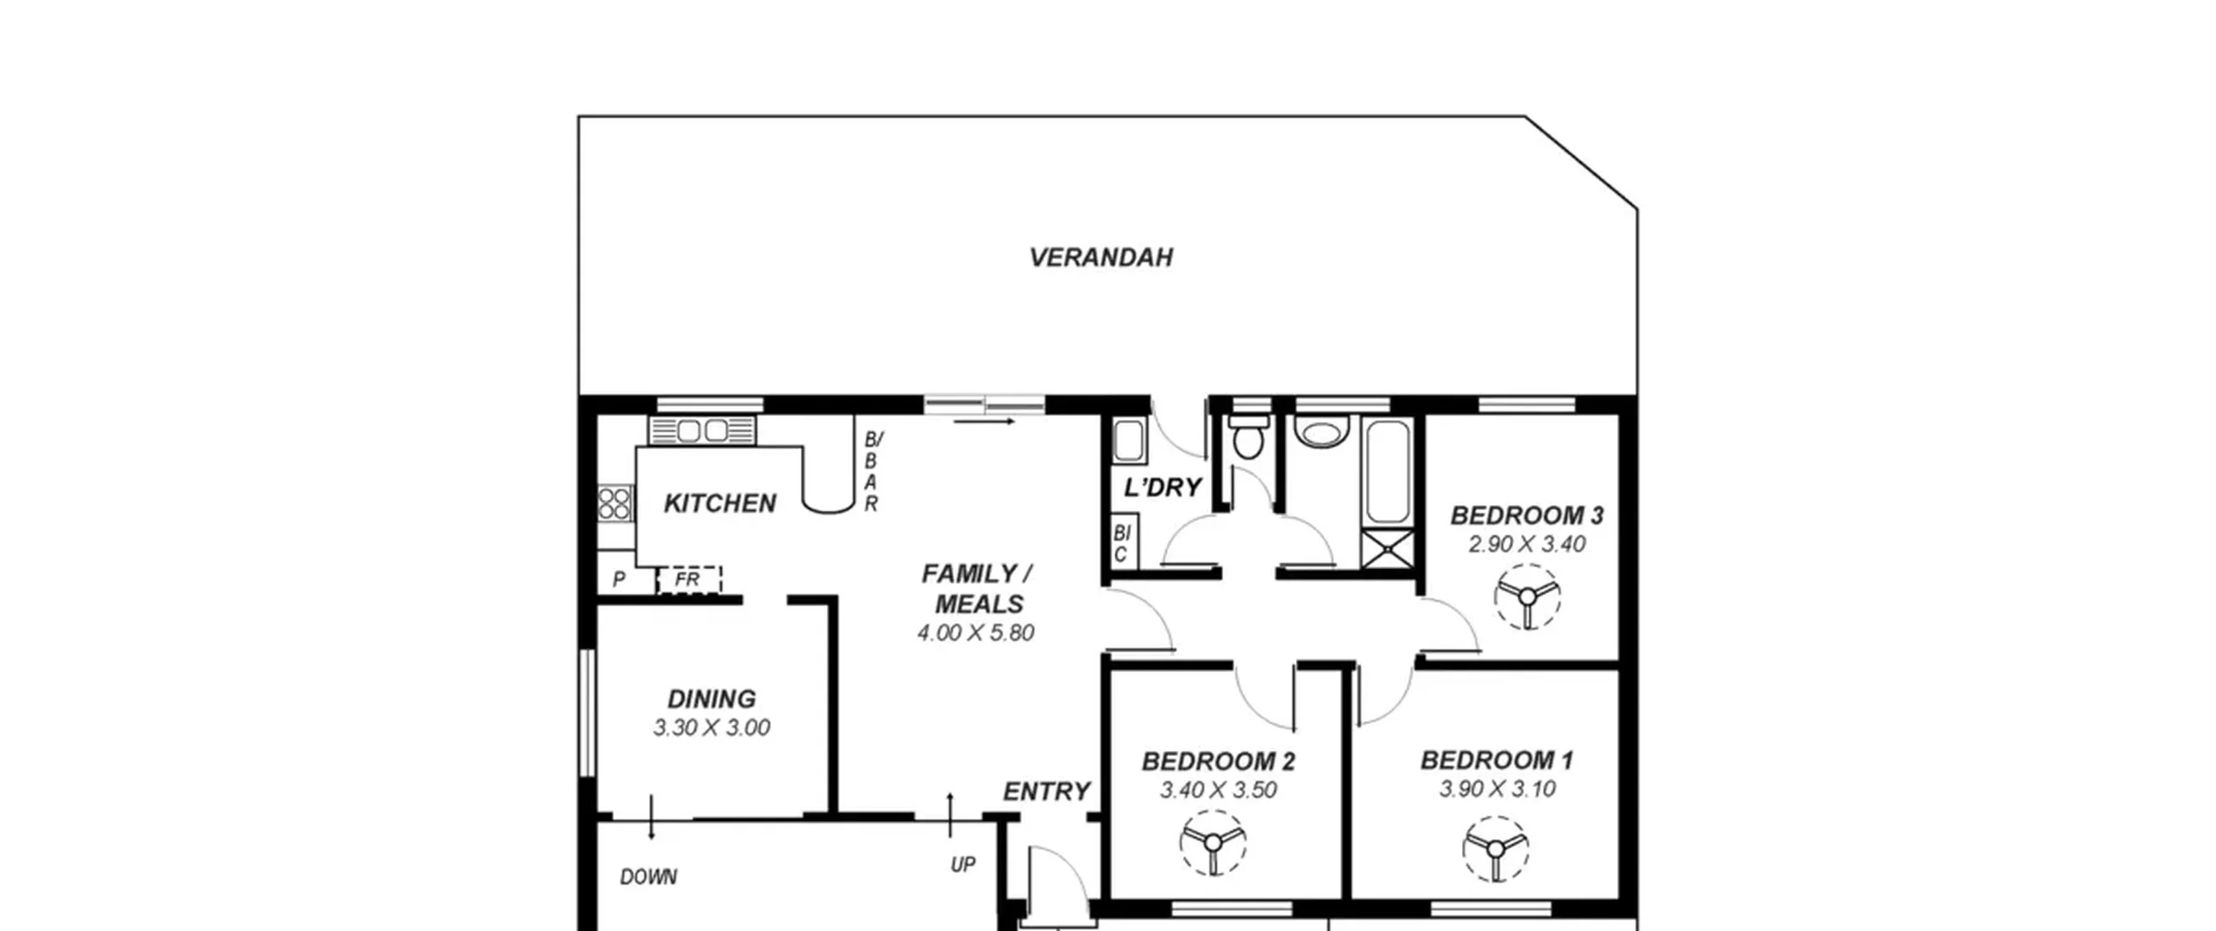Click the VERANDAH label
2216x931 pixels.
point(1100,257)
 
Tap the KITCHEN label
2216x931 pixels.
point(719,503)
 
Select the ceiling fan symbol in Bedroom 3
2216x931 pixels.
point(1527,597)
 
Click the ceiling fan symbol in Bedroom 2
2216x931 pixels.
point(1213,843)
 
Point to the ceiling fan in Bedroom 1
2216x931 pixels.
point(1496,849)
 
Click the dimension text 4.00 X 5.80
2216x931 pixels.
point(976,633)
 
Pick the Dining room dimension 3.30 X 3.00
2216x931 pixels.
point(712,727)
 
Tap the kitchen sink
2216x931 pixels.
point(702,430)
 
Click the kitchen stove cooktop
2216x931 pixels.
point(615,503)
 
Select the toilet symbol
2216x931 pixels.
point(1247,436)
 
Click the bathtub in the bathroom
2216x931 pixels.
point(1388,472)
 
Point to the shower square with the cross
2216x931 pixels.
point(1388,550)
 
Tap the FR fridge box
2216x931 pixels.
point(689,579)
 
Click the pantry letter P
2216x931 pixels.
point(619,579)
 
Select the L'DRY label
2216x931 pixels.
point(1163,488)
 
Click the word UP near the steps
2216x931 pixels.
point(963,864)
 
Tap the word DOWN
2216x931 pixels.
point(648,877)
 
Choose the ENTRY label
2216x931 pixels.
point(1047,792)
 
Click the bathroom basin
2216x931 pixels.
point(1321,432)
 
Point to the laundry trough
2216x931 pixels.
point(1129,441)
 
